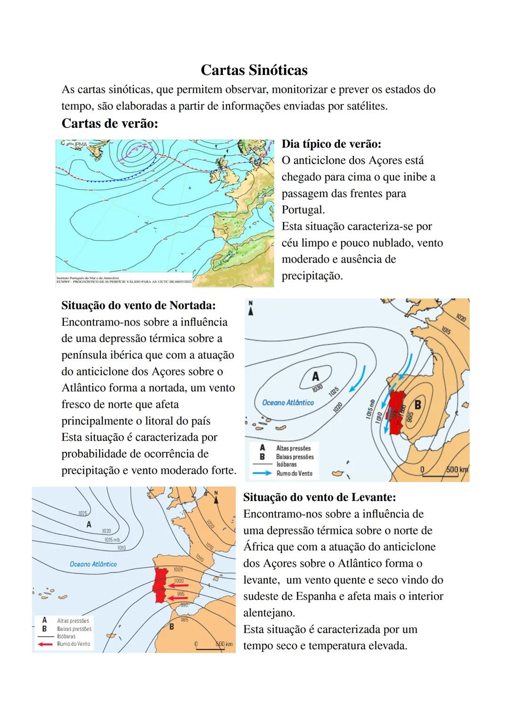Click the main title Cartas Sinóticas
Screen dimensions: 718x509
point(254,70)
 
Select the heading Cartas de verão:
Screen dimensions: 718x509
point(109,124)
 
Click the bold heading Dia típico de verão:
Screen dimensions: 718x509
point(331,144)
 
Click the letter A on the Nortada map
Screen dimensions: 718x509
point(315,376)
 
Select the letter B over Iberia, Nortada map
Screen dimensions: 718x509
point(417,404)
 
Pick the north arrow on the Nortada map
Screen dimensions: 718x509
point(251,308)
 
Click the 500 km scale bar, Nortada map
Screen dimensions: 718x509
point(440,472)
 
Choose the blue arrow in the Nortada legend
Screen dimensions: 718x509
point(262,473)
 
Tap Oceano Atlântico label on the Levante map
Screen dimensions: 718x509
point(93,564)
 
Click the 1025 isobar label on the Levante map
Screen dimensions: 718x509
point(83,513)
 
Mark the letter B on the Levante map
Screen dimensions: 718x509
point(172,627)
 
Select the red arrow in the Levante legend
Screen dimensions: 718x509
point(45,644)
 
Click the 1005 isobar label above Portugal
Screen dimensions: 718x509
point(178,570)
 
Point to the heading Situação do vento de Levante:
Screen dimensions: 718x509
point(320,497)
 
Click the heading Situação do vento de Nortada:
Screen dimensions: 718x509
point(139,306)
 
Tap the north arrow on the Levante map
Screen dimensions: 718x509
point(216,497)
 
